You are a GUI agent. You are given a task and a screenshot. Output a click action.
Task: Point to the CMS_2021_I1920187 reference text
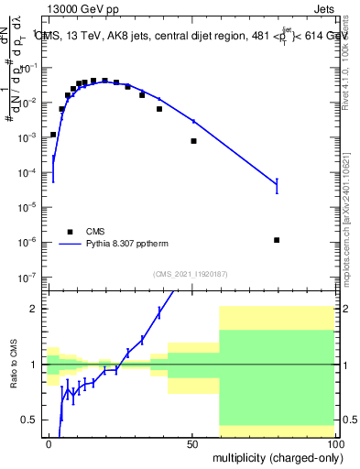(x=190, y=274)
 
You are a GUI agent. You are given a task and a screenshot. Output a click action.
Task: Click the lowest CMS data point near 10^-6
(x=277, y=240)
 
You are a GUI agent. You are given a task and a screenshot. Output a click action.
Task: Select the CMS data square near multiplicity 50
(x=193, y=141)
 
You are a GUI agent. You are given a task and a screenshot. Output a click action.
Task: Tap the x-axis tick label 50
(x=192, y=443)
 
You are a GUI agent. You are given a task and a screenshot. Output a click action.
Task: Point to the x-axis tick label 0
(x=49, y=443)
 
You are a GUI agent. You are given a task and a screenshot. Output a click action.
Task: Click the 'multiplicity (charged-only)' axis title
(x=274, y=456)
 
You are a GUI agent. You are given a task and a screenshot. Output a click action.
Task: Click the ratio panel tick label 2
(x=34, y=309)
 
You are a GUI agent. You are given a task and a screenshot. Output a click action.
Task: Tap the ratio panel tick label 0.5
(x=30, y=420)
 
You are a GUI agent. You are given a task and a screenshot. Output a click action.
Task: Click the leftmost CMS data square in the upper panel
(x=53, y=135)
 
